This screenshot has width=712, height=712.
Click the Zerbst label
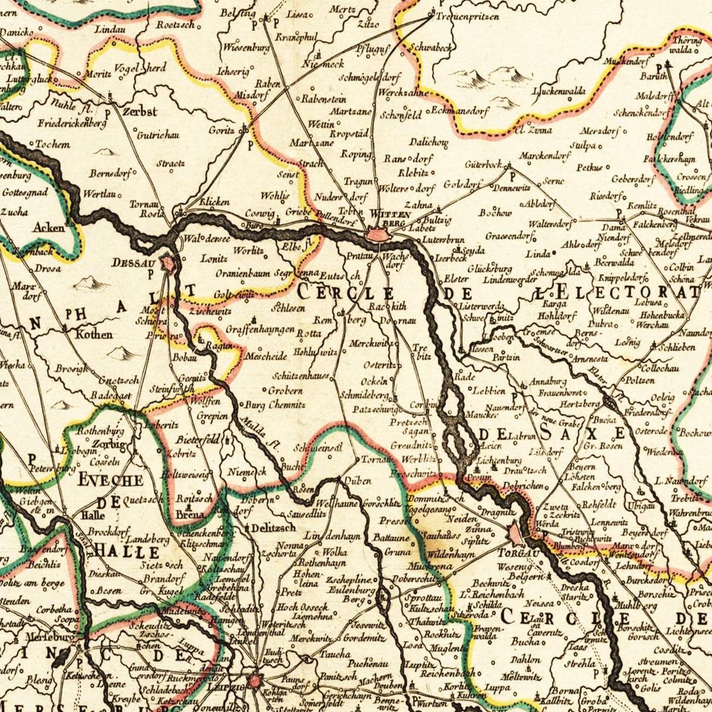click(139, 112)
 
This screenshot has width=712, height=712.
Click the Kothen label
click(93, 334)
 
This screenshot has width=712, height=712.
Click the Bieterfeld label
click(198, 440)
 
